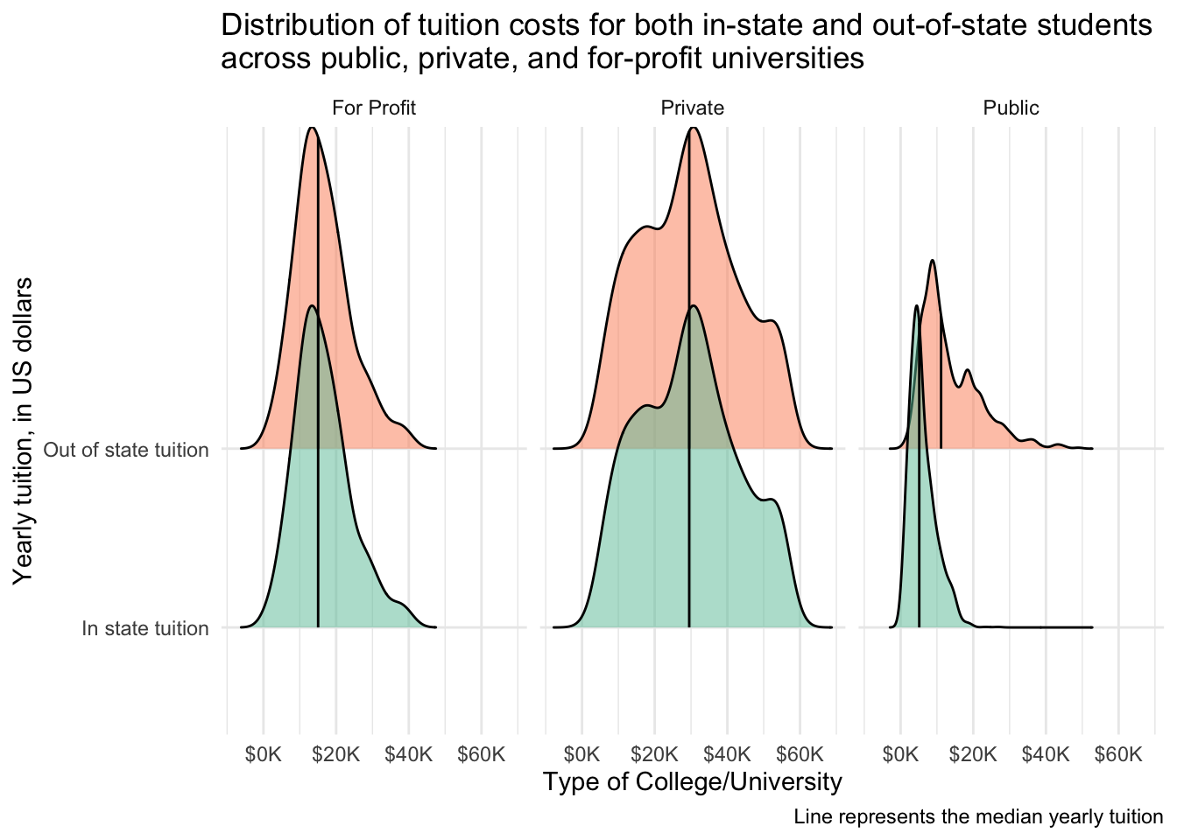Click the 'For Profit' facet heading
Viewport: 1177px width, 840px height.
[373, 108]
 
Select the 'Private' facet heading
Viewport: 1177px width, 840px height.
[692, 108]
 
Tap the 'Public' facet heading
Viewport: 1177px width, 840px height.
[1011, 108]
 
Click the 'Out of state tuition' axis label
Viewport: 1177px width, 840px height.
[126, 450]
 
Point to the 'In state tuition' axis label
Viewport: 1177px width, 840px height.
[144, 628]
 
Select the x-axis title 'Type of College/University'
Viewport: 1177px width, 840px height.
[692, 781]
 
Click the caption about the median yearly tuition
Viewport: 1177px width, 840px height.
[978, 817]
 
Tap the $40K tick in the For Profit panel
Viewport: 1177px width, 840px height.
[408, 754]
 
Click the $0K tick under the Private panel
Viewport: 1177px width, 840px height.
[581, 754]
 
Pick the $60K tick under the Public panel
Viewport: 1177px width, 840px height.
[1118, 754]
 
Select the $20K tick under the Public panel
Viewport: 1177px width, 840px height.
[973, 754]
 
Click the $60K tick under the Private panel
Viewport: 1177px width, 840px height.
[800, 754]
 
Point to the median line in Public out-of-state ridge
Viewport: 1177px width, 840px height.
[941, 385]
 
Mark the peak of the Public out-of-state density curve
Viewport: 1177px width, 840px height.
[933, 261]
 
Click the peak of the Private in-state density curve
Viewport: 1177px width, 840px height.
[693, 305]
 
